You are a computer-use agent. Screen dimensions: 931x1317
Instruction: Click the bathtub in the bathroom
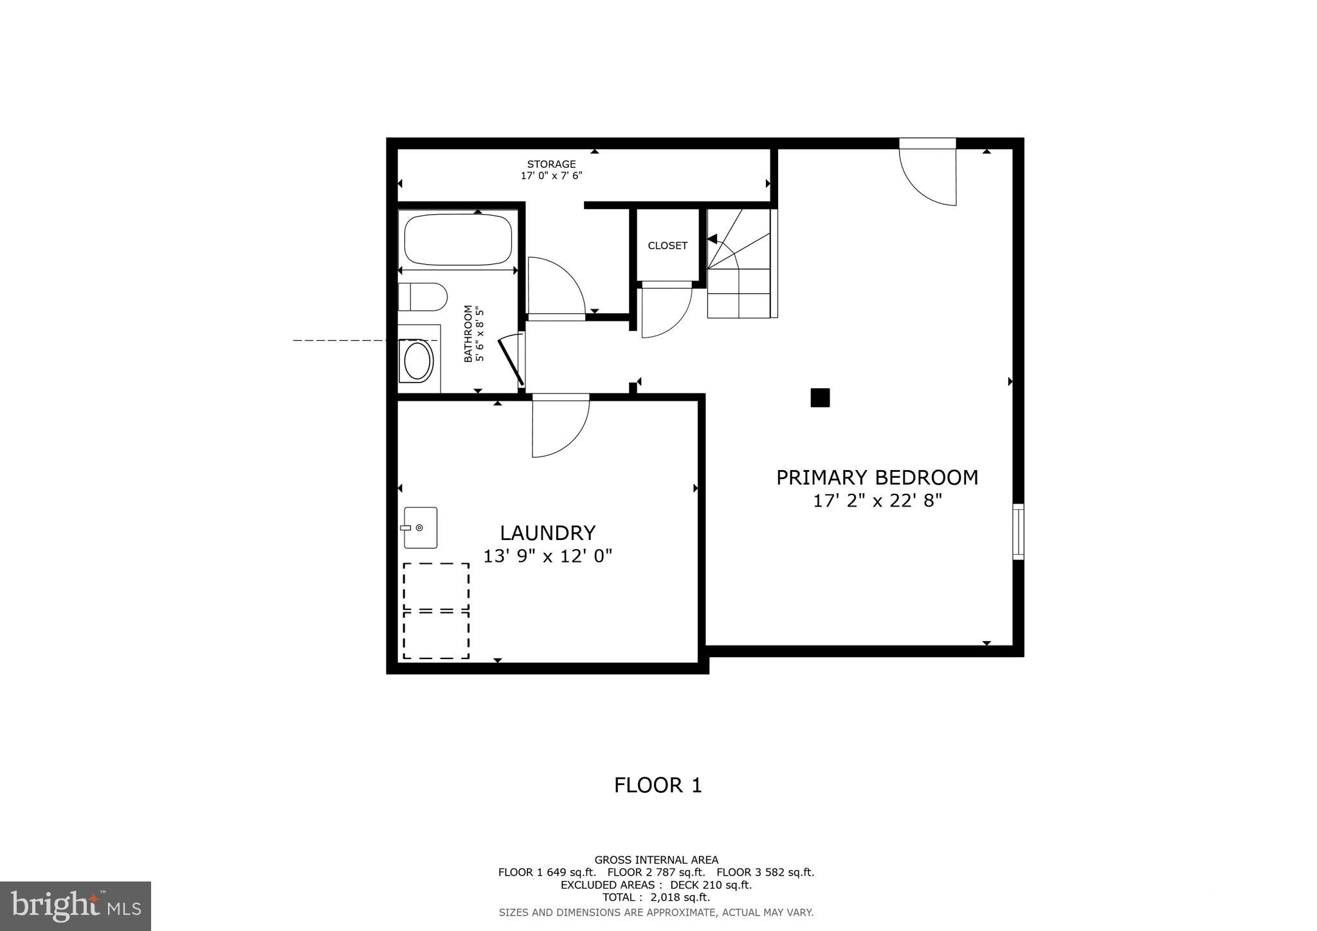click(x=458, y=239)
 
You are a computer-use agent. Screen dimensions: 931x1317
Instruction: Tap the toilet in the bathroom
click(x=422, y=297)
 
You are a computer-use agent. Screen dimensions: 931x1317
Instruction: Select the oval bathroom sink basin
click(x=417, y=361)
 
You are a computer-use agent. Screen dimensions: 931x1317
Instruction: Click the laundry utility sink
click(x=421, y=528)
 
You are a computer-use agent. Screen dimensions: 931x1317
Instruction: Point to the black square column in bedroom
click(x=820, y=398)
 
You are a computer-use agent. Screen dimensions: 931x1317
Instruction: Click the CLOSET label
click(x=668, y=246)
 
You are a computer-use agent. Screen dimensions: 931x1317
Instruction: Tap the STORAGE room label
click(x=551, y=164)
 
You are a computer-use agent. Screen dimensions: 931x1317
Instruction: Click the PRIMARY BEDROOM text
click(x=877, y=478)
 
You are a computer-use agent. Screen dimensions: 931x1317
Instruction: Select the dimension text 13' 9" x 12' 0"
click(x=547, y=556)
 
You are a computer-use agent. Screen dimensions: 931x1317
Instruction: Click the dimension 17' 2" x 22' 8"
click(x=877, y=501)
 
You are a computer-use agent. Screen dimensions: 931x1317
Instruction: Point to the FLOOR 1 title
click(x=658, y=785)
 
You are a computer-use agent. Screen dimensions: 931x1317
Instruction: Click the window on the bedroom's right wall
click(x=1017, y=531)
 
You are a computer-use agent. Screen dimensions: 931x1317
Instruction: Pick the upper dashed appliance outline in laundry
click(x=436, y=586)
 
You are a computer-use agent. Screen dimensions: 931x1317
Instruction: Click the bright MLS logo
click(x=75, y=907)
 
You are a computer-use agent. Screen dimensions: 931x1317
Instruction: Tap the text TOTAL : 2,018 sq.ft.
click(x=656, y=898)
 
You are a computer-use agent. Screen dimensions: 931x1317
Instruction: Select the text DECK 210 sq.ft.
click(x=711, y=885)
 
